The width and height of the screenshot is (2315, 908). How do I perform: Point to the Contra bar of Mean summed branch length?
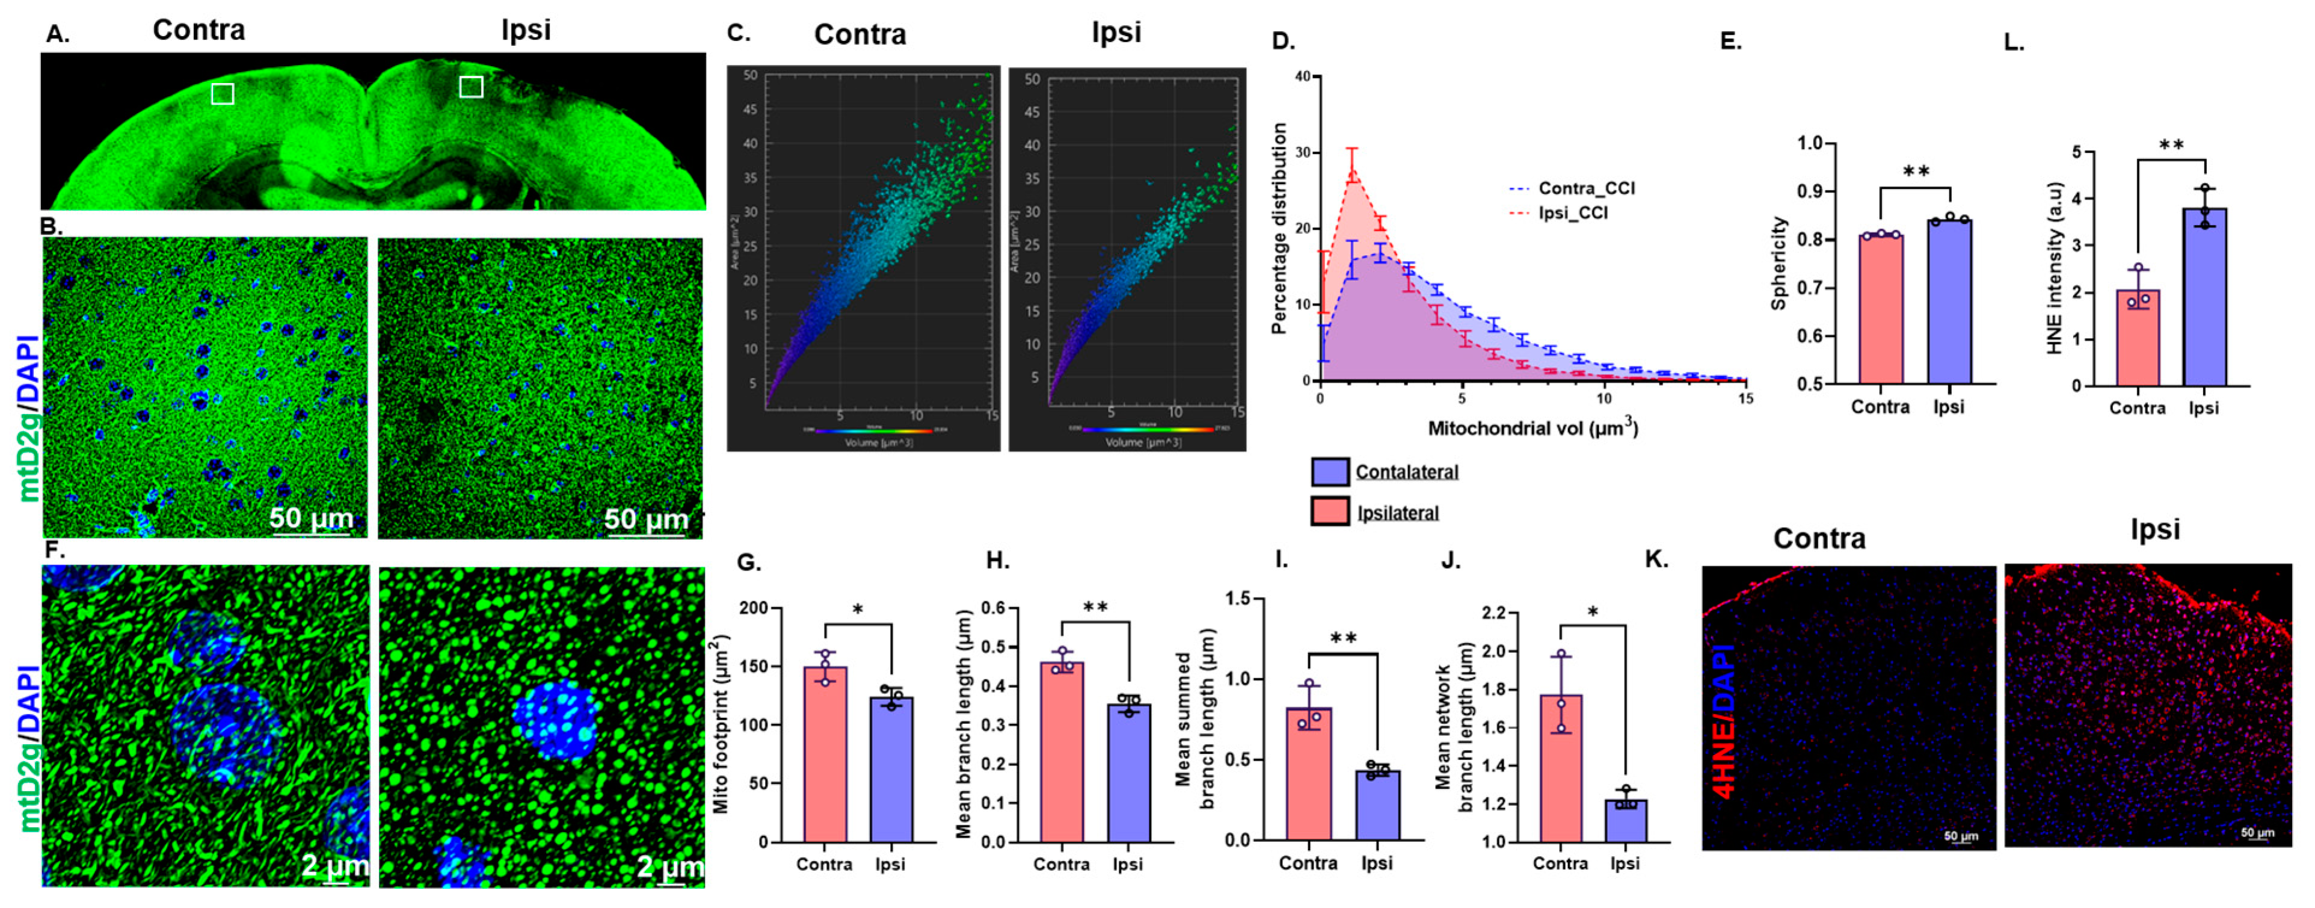[1309, 774]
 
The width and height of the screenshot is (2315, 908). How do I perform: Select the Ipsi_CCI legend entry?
[1573, 213]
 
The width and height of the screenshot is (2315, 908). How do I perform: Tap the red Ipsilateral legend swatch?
[1329, 511]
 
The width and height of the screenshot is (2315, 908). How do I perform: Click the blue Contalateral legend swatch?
[1329, 472]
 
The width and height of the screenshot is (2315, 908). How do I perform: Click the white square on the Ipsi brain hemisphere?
[471, 86]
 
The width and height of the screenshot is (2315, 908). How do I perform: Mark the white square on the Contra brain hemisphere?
[222, 93]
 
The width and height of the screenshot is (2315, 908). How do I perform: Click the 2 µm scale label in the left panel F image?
[334, 866]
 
